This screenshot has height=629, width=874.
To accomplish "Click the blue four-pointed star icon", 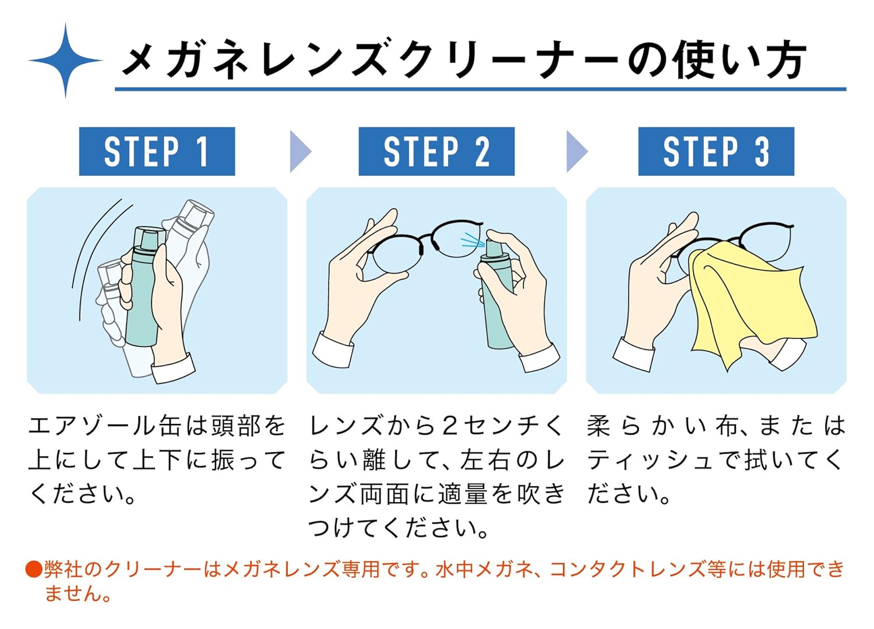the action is [x=65, y=60].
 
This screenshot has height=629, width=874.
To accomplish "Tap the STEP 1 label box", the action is [x=157, y=151].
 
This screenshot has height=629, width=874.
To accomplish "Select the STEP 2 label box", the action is [x=436, y=151].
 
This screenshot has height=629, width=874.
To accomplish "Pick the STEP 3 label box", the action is [x=716, y=151].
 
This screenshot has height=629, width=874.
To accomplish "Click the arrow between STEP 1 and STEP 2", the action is [x=299, y=151].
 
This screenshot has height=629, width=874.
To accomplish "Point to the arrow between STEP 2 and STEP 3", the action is [x=576, y=151].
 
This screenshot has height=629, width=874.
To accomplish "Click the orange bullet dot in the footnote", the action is [x=34, y=569].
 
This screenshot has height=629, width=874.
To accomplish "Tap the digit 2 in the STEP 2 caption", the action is [x=449, y=426].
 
